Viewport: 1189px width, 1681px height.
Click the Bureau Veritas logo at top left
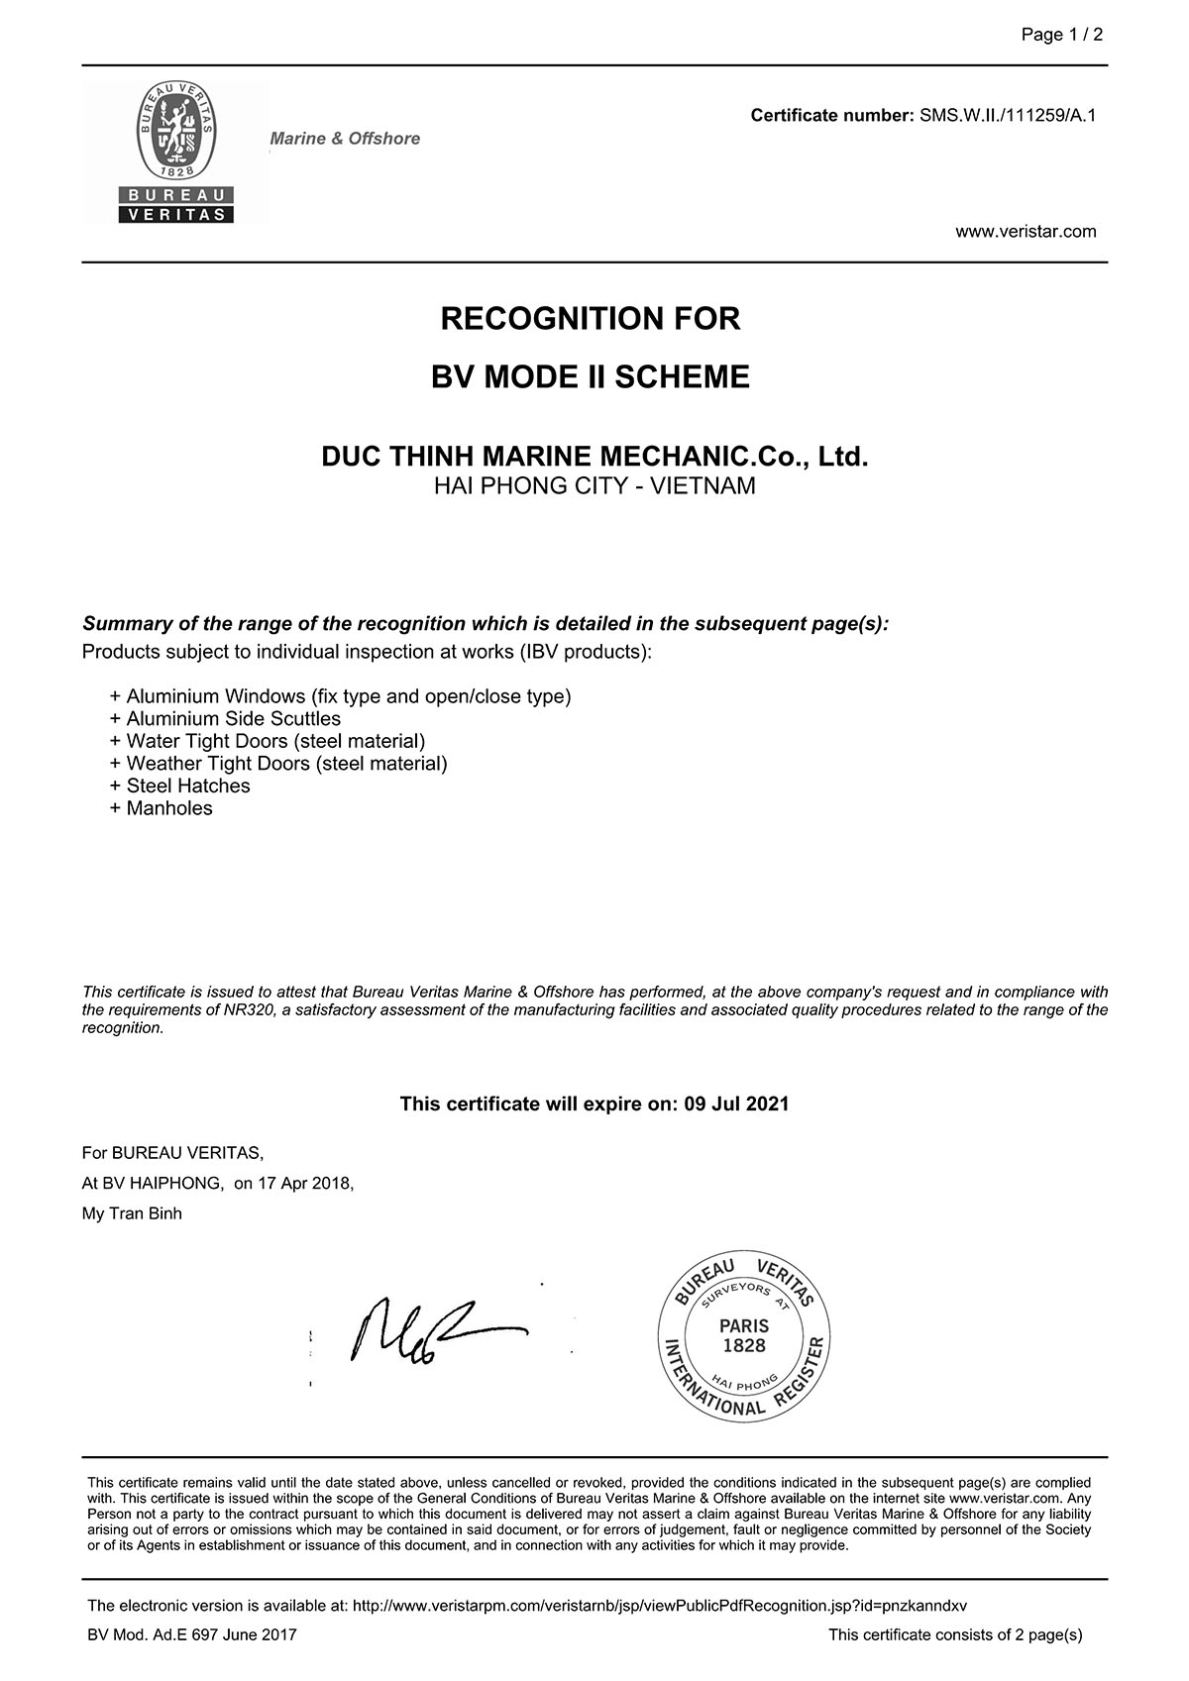176,152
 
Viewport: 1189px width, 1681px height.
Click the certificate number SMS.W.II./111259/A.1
1008,116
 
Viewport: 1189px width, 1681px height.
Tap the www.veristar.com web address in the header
1026,232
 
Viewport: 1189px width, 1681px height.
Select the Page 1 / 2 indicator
1062,35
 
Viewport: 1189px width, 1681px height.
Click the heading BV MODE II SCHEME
591,377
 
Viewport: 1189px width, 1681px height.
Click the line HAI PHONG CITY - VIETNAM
594,486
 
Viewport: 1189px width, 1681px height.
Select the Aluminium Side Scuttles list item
233,719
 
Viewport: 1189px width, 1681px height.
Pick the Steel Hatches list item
188,787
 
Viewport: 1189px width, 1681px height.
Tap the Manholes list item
169,808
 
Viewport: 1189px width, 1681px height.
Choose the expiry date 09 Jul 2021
736,1103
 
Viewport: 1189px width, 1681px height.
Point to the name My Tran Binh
132,1213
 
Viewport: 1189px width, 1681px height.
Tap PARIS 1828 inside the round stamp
744,1335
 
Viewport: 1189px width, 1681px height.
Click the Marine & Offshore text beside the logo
345,139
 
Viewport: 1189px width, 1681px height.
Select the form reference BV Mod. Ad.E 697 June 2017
192,1634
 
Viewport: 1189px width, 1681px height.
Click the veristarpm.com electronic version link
659,1606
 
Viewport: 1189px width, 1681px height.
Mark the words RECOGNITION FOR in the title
591,319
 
